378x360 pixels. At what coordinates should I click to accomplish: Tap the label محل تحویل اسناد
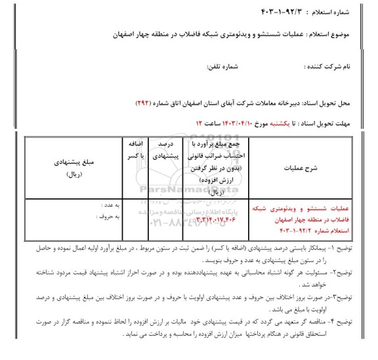342,104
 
